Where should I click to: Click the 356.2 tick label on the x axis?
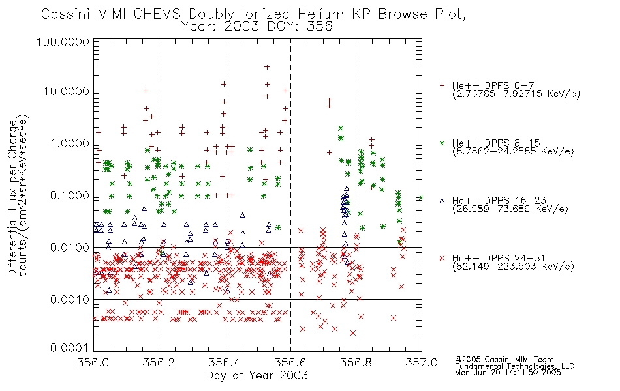click(159, 362)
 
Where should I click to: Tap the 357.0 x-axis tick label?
click(422, 362)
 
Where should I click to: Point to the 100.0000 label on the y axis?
click(63, 42)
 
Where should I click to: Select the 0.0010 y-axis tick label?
click(70, 300)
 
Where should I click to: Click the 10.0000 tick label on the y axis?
click(67, 91)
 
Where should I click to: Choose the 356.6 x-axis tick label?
click(290, 362)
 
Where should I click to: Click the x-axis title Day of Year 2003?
click(257, 375)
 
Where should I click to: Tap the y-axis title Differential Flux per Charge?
click(12, 198)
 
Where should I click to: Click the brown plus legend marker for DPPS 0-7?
click(442, 85)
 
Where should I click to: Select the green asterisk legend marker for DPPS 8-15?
click(442, 143)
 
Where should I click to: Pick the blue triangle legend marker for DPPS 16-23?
click(442, 201)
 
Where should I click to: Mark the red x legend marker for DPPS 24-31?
click(442, 258)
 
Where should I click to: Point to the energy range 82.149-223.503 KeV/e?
click(513, 267)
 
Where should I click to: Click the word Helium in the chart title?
click(320, 14)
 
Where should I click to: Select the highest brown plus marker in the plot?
click(267, 67)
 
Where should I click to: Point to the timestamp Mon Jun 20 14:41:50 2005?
click(508, 373)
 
